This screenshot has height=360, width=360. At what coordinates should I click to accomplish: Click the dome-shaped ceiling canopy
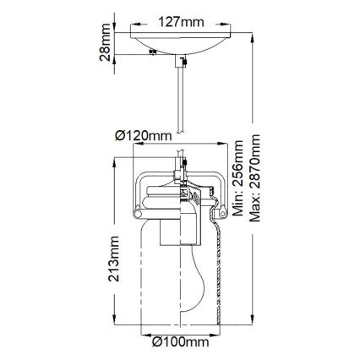[x=179, y=44]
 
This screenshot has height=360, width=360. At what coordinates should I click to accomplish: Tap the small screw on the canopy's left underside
[x=149, y=53]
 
